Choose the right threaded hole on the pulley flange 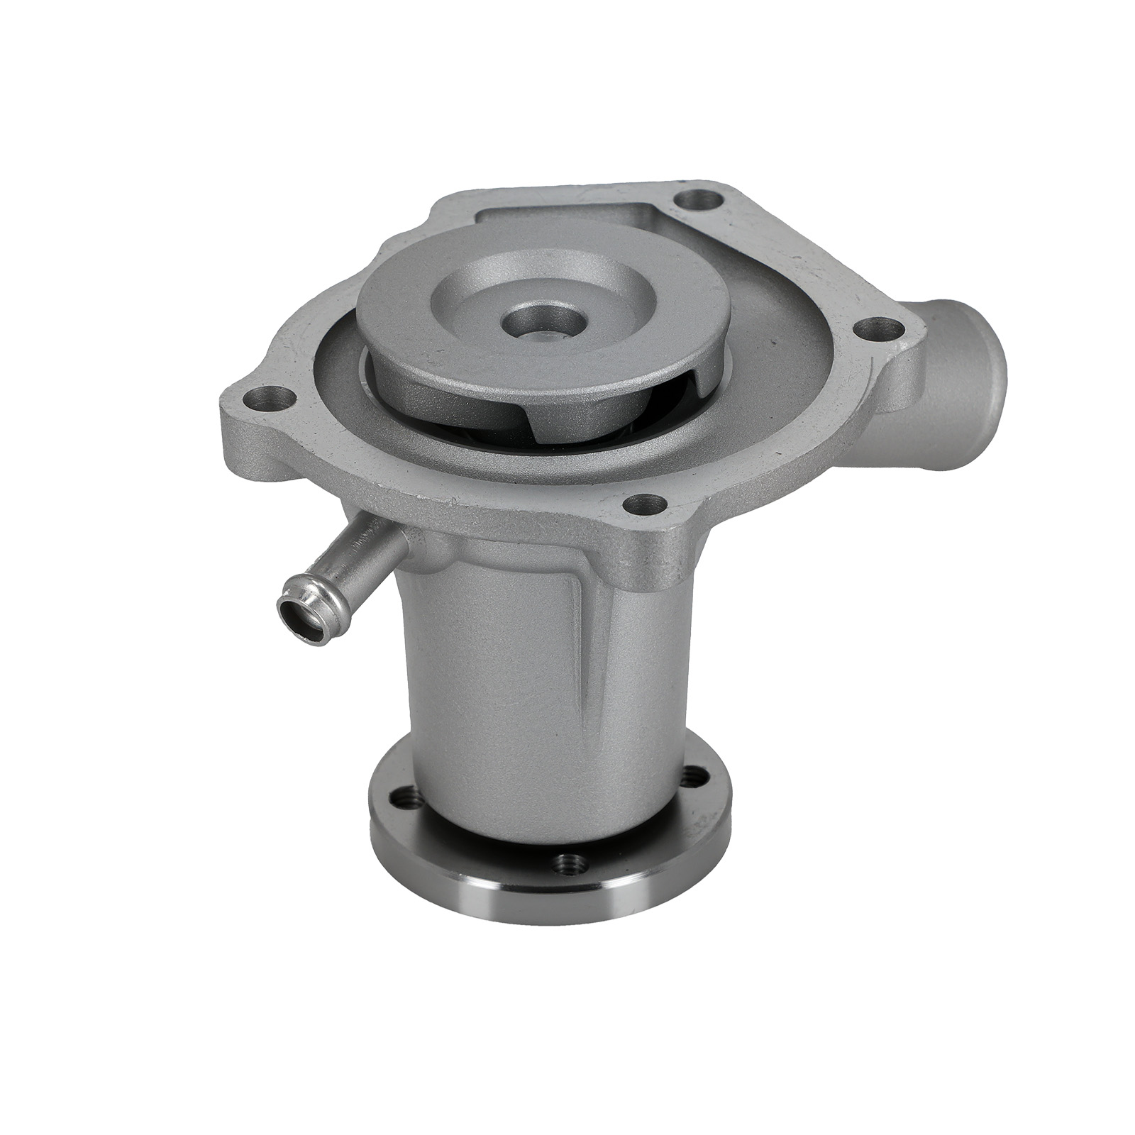[697, 775]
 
